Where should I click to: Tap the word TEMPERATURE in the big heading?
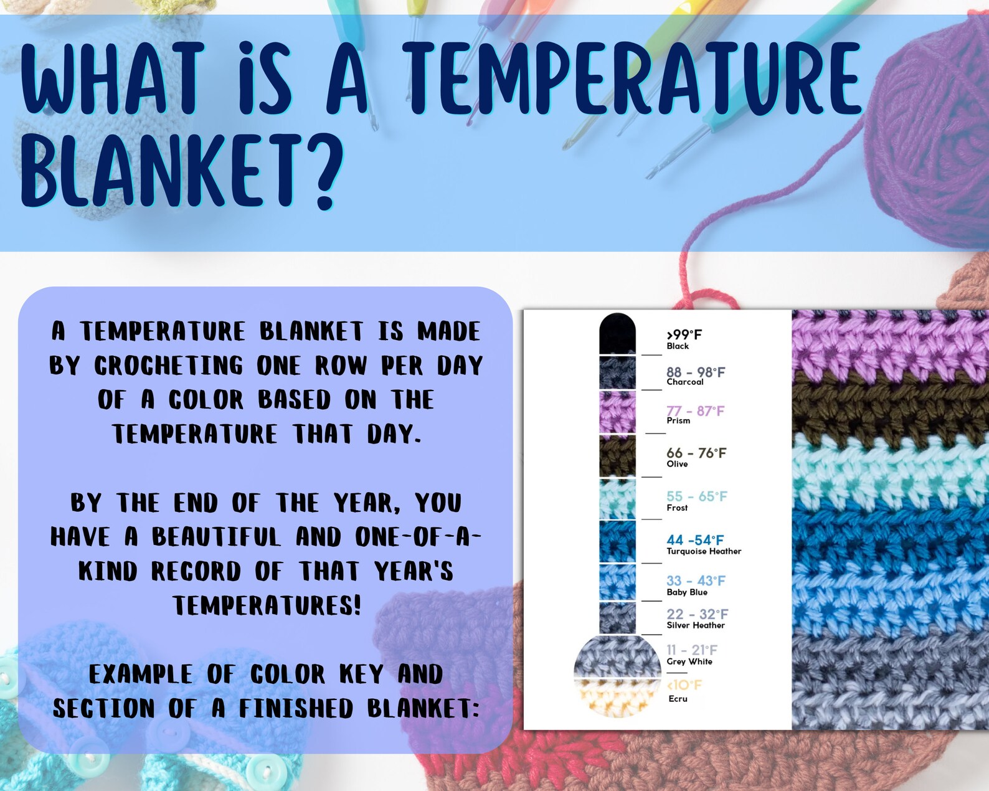pos(634,77)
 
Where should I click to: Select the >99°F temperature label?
pos(684,334)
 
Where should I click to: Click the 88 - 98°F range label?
pos(696,372)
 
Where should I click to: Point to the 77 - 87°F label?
pos(695,410)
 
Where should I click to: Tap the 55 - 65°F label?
pos(697,496)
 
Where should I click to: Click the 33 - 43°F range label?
pos(696,580)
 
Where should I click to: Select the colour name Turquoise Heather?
pos(704,551)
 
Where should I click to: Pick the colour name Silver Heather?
pos(695,625)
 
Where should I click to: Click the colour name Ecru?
pos(678,699)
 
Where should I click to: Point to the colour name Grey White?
pos(689,661)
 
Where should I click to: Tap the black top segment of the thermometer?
pos(617,334)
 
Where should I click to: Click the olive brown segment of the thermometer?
pos(617,456)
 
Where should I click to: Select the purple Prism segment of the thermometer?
pos(617,412)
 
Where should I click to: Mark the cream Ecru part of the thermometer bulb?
pos(617,697)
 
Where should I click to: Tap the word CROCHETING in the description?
pos(169,366)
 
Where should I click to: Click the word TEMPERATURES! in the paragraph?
pos(267,605)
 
